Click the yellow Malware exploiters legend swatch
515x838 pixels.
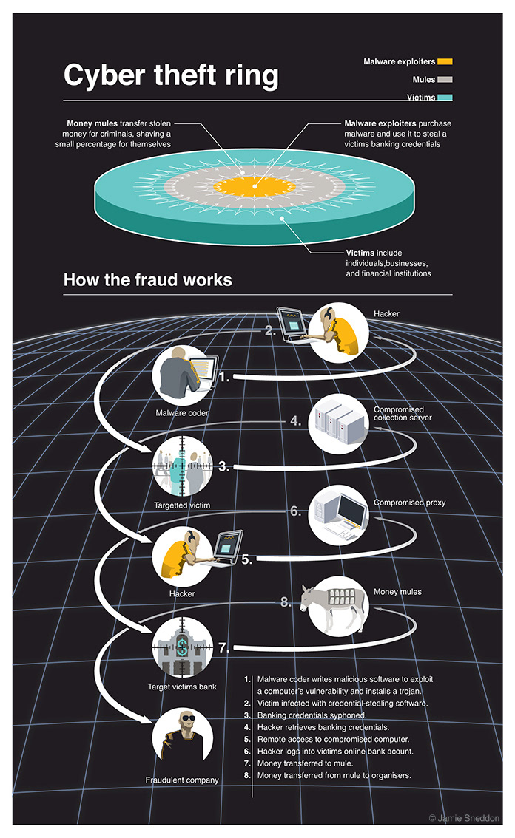[445, 61]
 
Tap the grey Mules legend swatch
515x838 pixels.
[445, 79]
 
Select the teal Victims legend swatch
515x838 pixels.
[445, 98]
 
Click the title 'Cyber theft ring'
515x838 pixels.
[171, 76]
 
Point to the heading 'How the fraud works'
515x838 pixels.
[148, 280]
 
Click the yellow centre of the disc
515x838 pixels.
[256, 185]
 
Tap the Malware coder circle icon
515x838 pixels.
[183, 374]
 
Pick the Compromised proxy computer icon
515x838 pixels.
[338, 514]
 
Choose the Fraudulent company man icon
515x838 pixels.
[182, 741]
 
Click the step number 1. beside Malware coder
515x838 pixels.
[225, 377]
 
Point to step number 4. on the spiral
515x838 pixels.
[294, 421]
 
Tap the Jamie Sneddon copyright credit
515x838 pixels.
[464, 817]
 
